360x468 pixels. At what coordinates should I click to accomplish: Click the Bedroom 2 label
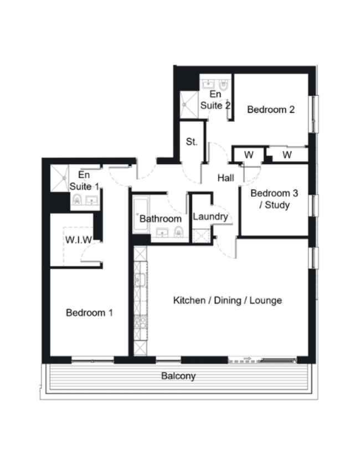pos(271,110)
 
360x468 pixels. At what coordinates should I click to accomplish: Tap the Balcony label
pos(178,376)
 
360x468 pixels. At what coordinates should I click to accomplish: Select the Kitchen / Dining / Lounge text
pos(228,300)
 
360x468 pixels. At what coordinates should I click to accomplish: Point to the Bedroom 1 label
pos(89,312)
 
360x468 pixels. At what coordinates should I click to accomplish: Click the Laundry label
pos(210,217)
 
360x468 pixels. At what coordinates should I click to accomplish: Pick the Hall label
pos(225,178)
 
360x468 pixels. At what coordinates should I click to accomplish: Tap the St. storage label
pos(192,141)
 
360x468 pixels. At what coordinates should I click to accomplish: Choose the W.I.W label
pos(79,240)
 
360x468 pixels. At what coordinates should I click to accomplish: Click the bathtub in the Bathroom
pos(140,214)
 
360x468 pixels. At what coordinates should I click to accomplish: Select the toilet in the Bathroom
pos(179,231)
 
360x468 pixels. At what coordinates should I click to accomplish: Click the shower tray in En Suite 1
pos(60,178)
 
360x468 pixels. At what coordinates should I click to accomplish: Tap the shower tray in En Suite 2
pos(189,105)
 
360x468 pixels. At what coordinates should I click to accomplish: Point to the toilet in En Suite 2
pos(224,85)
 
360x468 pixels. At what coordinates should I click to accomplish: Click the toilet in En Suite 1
pos(78,199)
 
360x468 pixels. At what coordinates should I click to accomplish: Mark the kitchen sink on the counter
pos(140,280)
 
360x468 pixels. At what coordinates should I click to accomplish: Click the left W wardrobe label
pos(249,155)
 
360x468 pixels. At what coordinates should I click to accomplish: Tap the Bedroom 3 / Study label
pos(274,199)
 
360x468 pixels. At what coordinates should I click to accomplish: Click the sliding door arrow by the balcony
pos(248,358)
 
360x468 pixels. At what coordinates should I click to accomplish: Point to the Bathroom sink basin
pos(162,232)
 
